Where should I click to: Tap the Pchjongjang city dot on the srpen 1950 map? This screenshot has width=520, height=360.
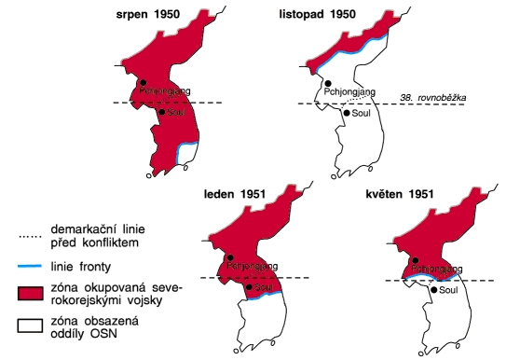[140, 83]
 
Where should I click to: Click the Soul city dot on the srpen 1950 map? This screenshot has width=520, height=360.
[161, 112]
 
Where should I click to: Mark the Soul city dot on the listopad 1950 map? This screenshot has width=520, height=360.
[346, 113]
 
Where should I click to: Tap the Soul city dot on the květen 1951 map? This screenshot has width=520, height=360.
[431, 291]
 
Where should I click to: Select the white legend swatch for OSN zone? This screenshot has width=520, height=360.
[29, 326]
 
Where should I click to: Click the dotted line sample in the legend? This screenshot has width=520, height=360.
[29, 237]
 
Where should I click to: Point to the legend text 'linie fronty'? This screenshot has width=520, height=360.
[81, 267]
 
